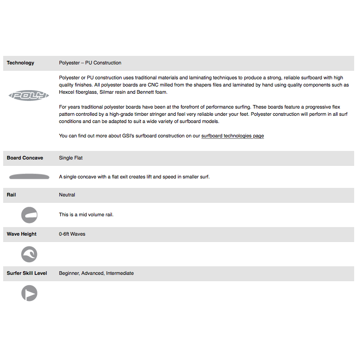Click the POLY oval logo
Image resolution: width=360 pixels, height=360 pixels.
29,96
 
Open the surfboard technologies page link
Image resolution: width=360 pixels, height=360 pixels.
232,136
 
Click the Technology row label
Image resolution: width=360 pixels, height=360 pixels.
20,63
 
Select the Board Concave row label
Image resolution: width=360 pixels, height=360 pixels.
25,158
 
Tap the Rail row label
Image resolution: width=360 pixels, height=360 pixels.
11,195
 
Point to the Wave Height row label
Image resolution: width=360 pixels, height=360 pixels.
22,234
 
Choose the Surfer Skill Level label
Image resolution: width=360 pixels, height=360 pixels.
27,273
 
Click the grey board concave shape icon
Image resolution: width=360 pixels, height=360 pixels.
29,177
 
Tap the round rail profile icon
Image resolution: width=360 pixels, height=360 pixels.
29,215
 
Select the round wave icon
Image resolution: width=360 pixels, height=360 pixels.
29,254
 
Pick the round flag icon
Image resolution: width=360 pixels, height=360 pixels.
29,293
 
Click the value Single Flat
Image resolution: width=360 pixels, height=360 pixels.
71,158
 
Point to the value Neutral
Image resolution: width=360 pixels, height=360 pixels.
67,195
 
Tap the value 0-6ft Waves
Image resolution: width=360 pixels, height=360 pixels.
72,234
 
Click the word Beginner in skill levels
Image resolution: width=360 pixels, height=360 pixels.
69,273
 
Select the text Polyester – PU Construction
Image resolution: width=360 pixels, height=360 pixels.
90,63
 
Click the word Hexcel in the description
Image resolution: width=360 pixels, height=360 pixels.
67,92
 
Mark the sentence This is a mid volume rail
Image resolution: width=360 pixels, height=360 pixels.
86,214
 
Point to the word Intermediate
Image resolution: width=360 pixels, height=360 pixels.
120,273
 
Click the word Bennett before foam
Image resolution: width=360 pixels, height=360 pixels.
146,92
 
